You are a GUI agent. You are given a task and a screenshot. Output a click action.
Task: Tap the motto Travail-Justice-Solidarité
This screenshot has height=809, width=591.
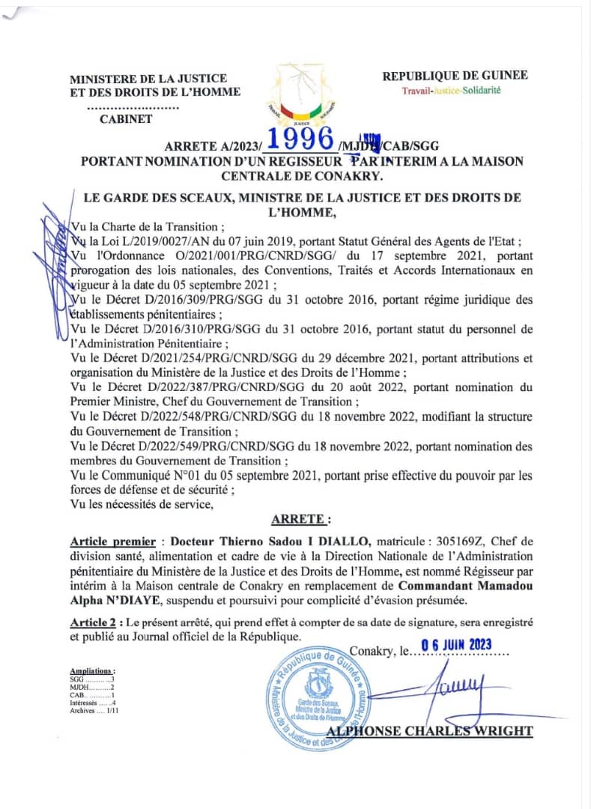[x=451, y=91]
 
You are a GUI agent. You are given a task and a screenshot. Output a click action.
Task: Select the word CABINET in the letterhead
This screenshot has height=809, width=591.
[x=126, y=118]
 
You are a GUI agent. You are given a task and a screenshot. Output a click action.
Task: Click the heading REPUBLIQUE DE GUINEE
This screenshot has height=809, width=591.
[x=455, y=75]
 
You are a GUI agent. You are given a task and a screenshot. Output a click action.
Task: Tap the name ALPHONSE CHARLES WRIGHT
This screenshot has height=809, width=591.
[x=430, y=731]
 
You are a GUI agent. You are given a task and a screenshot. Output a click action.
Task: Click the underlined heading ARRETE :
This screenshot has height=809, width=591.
[x=299, y=518]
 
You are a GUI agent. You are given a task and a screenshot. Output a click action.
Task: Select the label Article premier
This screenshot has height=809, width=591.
[x=113, y=542]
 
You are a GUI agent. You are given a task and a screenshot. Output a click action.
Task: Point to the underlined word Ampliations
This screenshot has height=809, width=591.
[x=92, y=671]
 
